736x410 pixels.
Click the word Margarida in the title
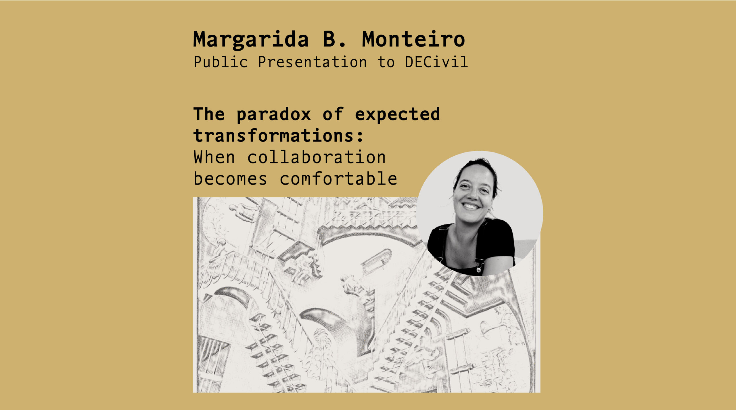click(x=251, y=40)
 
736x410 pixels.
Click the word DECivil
click(x=436, y=62)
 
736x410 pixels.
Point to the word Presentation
click(x=313, y=62)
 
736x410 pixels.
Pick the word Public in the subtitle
click(x=221, y=62)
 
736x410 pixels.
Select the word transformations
click(x=273, y=135)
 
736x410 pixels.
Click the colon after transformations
click(x=360, y=137)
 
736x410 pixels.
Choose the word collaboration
click(x=316, y=157)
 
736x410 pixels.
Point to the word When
click(x=214, y=157)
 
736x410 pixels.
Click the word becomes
click(x=230, y=179)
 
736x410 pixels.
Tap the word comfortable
click(x=338, y=179)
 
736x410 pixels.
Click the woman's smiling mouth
click(x=471, y=206)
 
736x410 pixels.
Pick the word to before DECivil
click(x=386, y=62)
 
